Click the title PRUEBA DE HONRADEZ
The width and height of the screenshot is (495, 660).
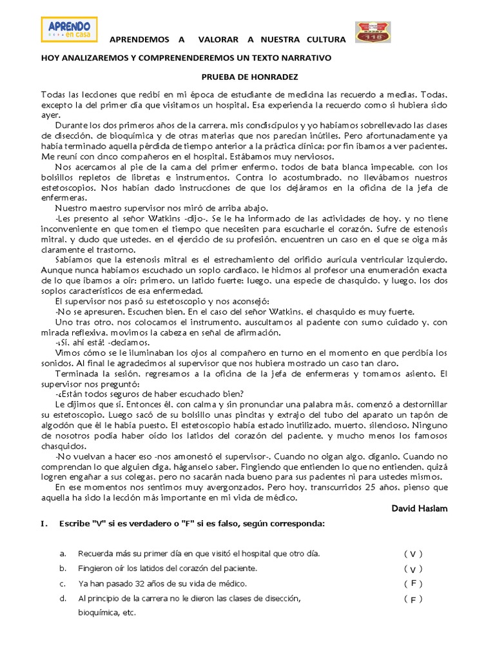click(x=247, y=77)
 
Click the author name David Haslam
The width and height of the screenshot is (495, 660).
click(x=419, y=508)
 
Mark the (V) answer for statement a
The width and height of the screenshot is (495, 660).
click(x=413, y=554)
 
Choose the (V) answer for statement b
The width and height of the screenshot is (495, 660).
click(x=413, y=568)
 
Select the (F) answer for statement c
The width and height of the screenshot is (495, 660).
click(x=413, y=583)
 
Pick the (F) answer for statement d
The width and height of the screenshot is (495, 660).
click(x=413, y=599)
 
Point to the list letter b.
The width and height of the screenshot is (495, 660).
click(x=63, y=568)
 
